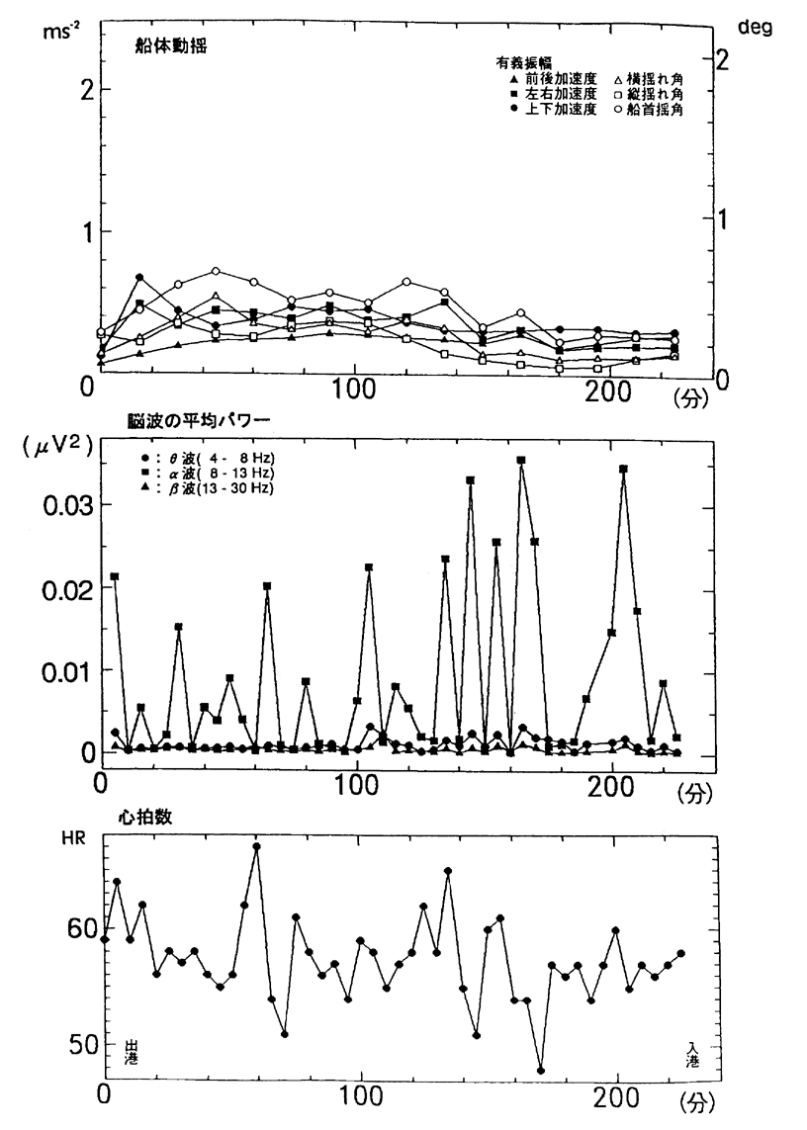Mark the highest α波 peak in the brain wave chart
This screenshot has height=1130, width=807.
(521, 461)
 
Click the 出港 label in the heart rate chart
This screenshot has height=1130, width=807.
(132, 1051)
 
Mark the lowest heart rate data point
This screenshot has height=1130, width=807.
(541, 1070)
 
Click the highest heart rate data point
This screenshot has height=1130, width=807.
(256, 846)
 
